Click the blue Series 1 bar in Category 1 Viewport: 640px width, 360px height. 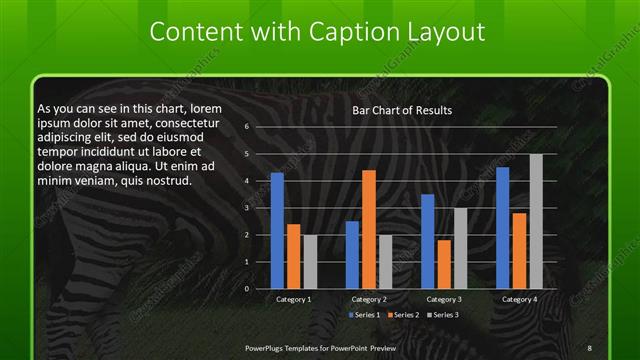click(277, 231)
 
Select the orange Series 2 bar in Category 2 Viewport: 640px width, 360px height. click(368, 229)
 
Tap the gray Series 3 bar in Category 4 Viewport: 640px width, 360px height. click(536, 221)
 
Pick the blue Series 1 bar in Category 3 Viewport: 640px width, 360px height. click(427, 241)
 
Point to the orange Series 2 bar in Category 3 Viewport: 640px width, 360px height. click(443, 264)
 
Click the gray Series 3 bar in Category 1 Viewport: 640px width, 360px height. click(309, 262)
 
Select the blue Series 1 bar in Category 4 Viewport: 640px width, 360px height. click(502, 228)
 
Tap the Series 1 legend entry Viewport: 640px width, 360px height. click(365, 315)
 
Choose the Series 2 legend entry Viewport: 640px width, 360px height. click(403, 315)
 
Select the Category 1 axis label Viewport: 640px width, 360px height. click(293, 299)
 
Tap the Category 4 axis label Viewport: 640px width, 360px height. click(518, 299)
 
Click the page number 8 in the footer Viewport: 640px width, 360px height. click(589, 347)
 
